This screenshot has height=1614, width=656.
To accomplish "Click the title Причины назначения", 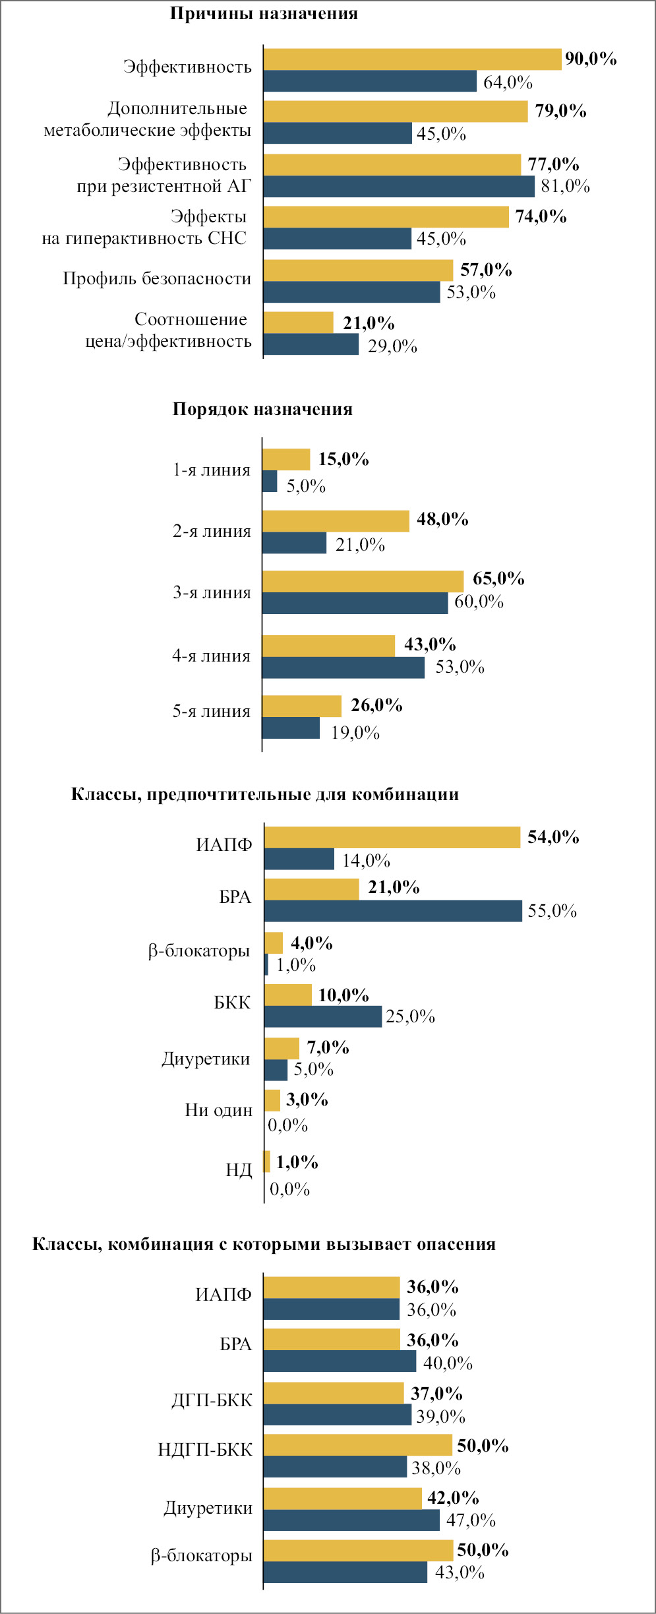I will pyautogui.click(x=264, y=14).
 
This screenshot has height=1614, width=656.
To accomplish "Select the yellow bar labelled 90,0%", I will pyautogui.click(x=412, y=59).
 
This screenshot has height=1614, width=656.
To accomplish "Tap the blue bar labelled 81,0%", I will pyautogui.click(x=399, y=187).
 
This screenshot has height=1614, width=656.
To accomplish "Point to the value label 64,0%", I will pyautogui.click(x=508, y=82).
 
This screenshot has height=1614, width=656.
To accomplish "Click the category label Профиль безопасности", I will pyautogui.click(x=157, y=278).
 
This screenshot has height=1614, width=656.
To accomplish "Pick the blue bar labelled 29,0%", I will pyautogui.click(x=311, y=344).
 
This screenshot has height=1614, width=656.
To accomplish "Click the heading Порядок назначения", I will pyautogui.click(x=262, y=409).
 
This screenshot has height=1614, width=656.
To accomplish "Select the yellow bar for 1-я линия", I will pyautogui.click(x=286, y=459).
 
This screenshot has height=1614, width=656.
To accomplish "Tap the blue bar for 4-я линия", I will pyautogui.click(x=343, y=667).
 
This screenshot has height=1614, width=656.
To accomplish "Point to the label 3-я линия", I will pyautogui.click(x=212, y=592).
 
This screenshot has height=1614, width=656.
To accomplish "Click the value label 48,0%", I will pyautogui.click(x=442, y=519).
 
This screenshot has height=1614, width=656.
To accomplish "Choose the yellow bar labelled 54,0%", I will pyautogui.click(x=392, y=838).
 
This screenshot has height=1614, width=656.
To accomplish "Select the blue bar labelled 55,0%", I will pyautogui.click(x=393, y=911).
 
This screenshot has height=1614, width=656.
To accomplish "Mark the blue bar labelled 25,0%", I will pyautogui.click(x=323, y=1016).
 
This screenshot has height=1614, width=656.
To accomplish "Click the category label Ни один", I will pyautogui.click(x=218, y=1110).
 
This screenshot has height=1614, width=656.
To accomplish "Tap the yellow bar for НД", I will pyautogui.click(x=267, y=1162).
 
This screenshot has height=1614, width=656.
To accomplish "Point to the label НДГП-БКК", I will pyautogui.click(x=205, y=1449).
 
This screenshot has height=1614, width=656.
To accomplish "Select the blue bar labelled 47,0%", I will pyautogui.click(x=351, y=1520).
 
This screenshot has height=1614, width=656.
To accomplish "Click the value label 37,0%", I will pyautogui.click(x=436, y=1393).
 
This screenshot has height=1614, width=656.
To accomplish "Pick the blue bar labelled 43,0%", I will pyautogui.click(x=345, y=1572).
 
